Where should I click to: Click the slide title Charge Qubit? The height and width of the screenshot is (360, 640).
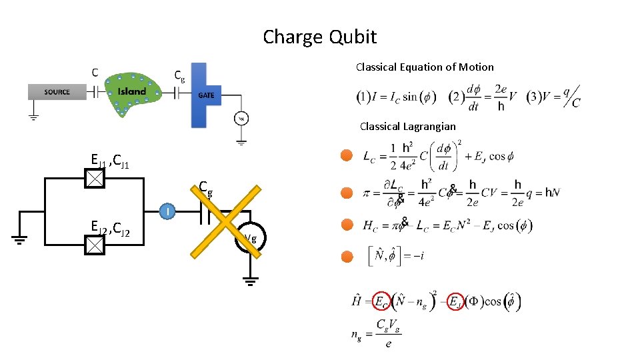tap(319, 37)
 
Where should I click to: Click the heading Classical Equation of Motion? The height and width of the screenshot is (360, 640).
tap(425, 67)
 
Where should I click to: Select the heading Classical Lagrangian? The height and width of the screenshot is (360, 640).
tap(407, 126)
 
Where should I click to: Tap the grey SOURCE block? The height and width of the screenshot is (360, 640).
tap(57, 92)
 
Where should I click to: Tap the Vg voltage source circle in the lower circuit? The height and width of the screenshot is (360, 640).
tap(250, 239)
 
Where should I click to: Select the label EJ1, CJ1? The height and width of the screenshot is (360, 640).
tap(114, 160)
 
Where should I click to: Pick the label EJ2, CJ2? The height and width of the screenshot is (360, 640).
tap(110, 231)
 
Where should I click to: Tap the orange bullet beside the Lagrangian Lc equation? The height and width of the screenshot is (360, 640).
tap(345, 156)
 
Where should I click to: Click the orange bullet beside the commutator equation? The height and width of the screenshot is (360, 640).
tap(345, 256)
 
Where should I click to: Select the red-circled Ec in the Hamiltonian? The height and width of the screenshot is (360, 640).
tap(381, 302)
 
